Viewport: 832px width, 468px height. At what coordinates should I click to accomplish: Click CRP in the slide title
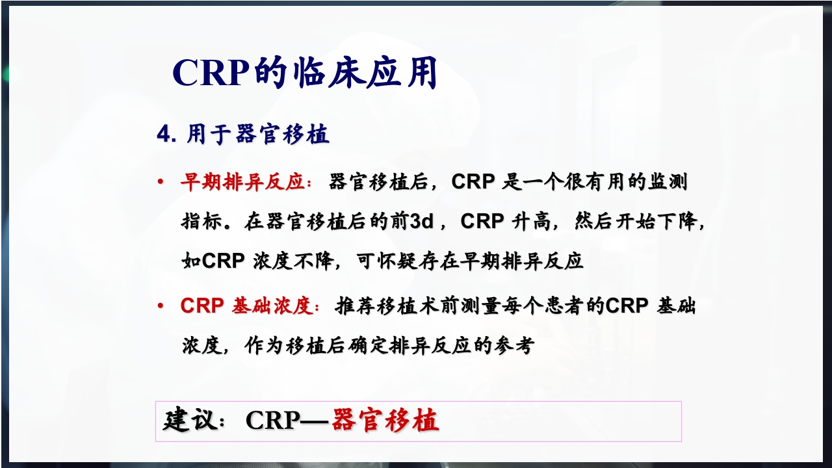[x=211, y=73]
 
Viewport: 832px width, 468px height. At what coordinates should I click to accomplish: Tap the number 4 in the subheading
[x=163, y=135]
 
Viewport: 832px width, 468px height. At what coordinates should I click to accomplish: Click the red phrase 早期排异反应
[x=242, y=183]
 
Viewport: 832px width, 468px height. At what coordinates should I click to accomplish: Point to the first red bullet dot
[x=160, y=183]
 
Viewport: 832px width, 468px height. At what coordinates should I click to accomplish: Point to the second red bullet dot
[x=160, y=305]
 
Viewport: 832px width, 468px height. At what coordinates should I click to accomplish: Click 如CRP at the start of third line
[x=213, y=261]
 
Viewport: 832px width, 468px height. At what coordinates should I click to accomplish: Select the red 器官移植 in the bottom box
[x=385, y=421]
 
